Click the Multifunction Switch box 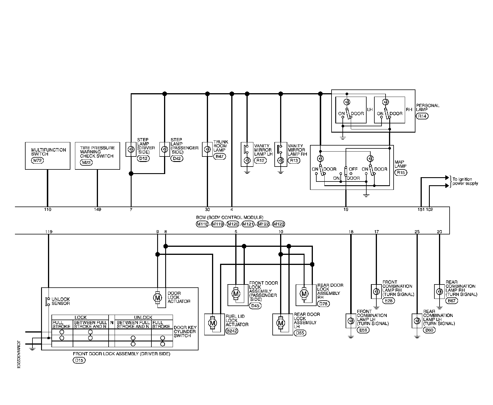click(x=48, y=156)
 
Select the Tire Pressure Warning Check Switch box click(x=97, y=156)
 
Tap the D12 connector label click(x=143, y=158)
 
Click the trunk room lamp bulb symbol click(x=207, y=149)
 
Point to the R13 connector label click(x=294, y=161)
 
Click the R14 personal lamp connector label click(x=422, y=116)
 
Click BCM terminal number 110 click(x=48, y=210)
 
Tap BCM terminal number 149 click(x=97, y=210)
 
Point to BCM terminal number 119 click(x=49, y=232)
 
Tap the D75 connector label click(x=324, y=304)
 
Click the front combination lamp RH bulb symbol click(x=376, y=291)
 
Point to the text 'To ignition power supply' click(x=465, y=181)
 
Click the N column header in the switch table click(x=112, y=322)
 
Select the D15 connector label click(x=79, y=360)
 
